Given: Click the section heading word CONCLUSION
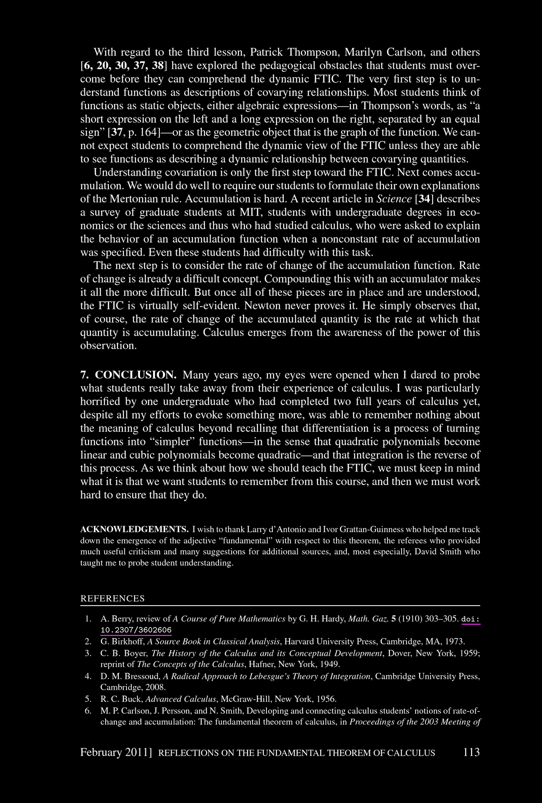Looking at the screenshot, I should click(x=136, y=375).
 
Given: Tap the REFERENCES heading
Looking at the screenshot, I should click(x=112, y=598).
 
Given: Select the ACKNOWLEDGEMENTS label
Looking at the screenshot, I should click(x=134, y=529).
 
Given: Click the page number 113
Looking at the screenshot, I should click(x=471, y=752).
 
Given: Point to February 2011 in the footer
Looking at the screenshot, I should click(x=115, y=752).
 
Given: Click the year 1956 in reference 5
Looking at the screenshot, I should click(x=326, y=699).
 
